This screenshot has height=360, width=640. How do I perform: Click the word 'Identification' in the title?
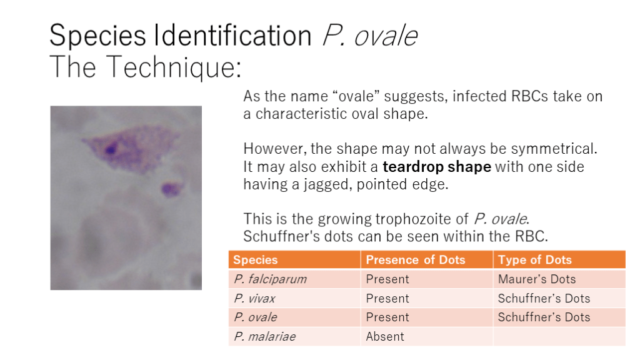[232, 36]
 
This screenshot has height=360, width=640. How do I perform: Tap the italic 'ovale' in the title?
[386, 36]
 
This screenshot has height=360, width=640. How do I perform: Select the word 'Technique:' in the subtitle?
[174, 67]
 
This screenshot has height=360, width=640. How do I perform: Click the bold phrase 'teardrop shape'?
[437, 167]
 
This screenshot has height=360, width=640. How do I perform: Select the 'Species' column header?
[256, 260]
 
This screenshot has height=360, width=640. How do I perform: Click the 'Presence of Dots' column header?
[416, 260]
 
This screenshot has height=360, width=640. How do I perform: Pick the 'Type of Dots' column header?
[535, 260]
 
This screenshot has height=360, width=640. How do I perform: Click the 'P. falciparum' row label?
[270, 279]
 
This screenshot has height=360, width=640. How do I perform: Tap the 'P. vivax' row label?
[254, 298]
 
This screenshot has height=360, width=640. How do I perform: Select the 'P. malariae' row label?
[265, 336]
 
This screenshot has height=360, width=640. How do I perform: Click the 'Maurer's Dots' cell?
[537, 279]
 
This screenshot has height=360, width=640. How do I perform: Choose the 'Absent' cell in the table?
[385, 336]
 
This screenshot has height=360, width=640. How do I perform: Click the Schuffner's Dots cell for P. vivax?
[544, 298]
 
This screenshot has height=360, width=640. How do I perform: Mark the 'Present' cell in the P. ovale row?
[387, 317]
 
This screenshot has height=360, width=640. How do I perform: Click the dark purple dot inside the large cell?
[110, 149]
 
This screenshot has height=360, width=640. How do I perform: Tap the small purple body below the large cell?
[171, 189]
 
